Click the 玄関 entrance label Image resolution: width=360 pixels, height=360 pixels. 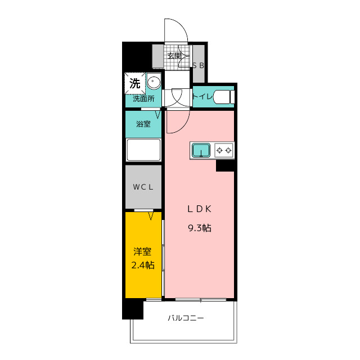(174, 56)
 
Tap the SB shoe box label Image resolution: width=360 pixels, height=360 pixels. (198, 66)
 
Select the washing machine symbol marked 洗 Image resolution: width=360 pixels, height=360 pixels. (135, 83)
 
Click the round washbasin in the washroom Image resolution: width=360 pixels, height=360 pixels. (154, 81)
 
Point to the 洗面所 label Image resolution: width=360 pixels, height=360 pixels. (143, 99)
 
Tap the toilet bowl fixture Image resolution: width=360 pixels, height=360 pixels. (224, 97)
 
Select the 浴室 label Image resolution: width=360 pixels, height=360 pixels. (143, 124)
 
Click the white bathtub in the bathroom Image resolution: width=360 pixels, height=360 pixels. (143, 150)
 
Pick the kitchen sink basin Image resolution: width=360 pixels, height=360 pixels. (201, 150)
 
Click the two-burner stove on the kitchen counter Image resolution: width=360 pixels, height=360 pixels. (224, 150)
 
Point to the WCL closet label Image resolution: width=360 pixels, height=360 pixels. (143, 187)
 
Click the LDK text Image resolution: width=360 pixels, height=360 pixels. (199, 209)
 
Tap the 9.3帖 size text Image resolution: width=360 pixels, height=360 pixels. (200, 228)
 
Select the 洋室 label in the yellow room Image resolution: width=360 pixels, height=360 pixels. (142, 251)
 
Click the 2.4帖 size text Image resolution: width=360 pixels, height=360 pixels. (142, 265)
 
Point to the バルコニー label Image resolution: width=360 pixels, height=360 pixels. (186, 318)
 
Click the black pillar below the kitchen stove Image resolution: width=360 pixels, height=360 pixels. (225, 165)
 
